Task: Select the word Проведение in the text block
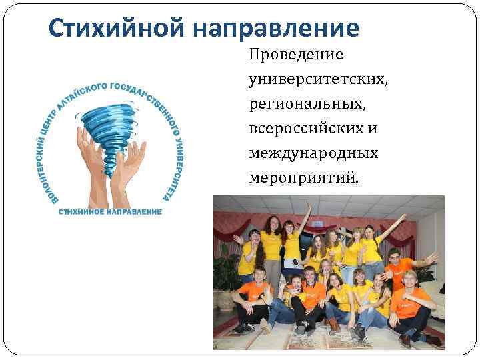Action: coord(295,54)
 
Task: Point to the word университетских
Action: coord(317,79)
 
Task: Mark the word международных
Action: coord(313,153)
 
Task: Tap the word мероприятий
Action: coord(303,179)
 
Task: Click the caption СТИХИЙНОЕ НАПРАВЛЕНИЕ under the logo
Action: coord(110,212)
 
